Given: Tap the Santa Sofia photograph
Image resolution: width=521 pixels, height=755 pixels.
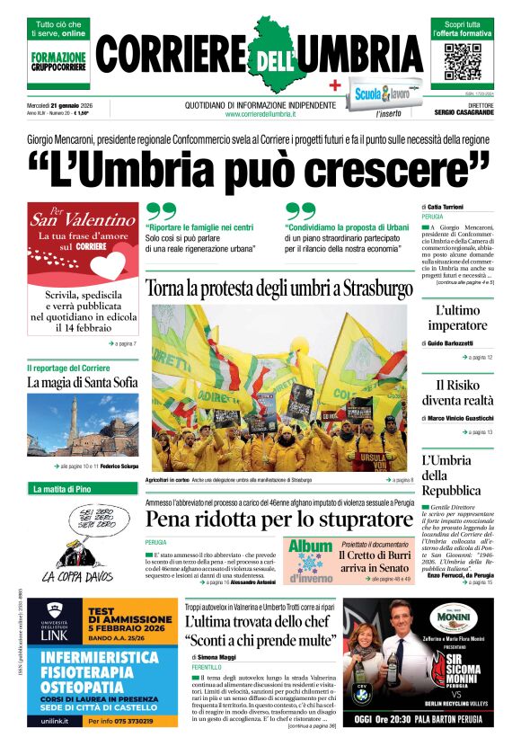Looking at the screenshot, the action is tap(83, 428).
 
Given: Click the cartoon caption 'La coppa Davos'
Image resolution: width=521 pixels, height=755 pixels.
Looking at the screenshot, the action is tap(80, 575).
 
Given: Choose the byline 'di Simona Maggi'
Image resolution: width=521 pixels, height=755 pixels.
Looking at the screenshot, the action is tap(212, 658).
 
